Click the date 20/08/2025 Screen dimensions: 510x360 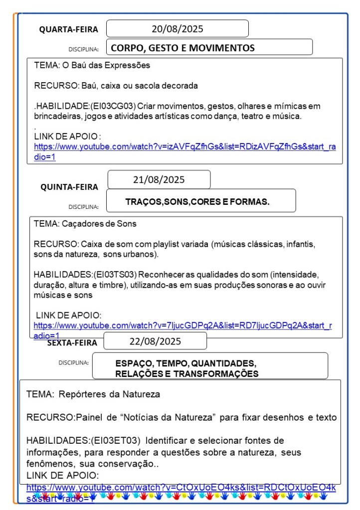pos(178,29)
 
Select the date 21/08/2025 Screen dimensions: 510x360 pos(159,180)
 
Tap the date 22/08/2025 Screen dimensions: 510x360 pos(155,341)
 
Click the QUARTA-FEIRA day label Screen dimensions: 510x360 pos(69,29)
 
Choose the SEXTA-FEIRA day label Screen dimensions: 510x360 pos(72,342)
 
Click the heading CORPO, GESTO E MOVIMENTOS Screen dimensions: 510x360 pos(182,48)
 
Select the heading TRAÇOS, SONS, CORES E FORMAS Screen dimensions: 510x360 pos(197,202)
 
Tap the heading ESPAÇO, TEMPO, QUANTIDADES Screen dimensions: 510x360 pos(185,363)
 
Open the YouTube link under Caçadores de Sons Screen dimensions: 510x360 pos(182,326)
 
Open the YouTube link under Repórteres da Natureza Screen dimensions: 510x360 pos(180,487)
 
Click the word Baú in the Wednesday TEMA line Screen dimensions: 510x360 pos(79,65)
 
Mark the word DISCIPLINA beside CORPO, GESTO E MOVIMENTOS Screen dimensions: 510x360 pos(83,49)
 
